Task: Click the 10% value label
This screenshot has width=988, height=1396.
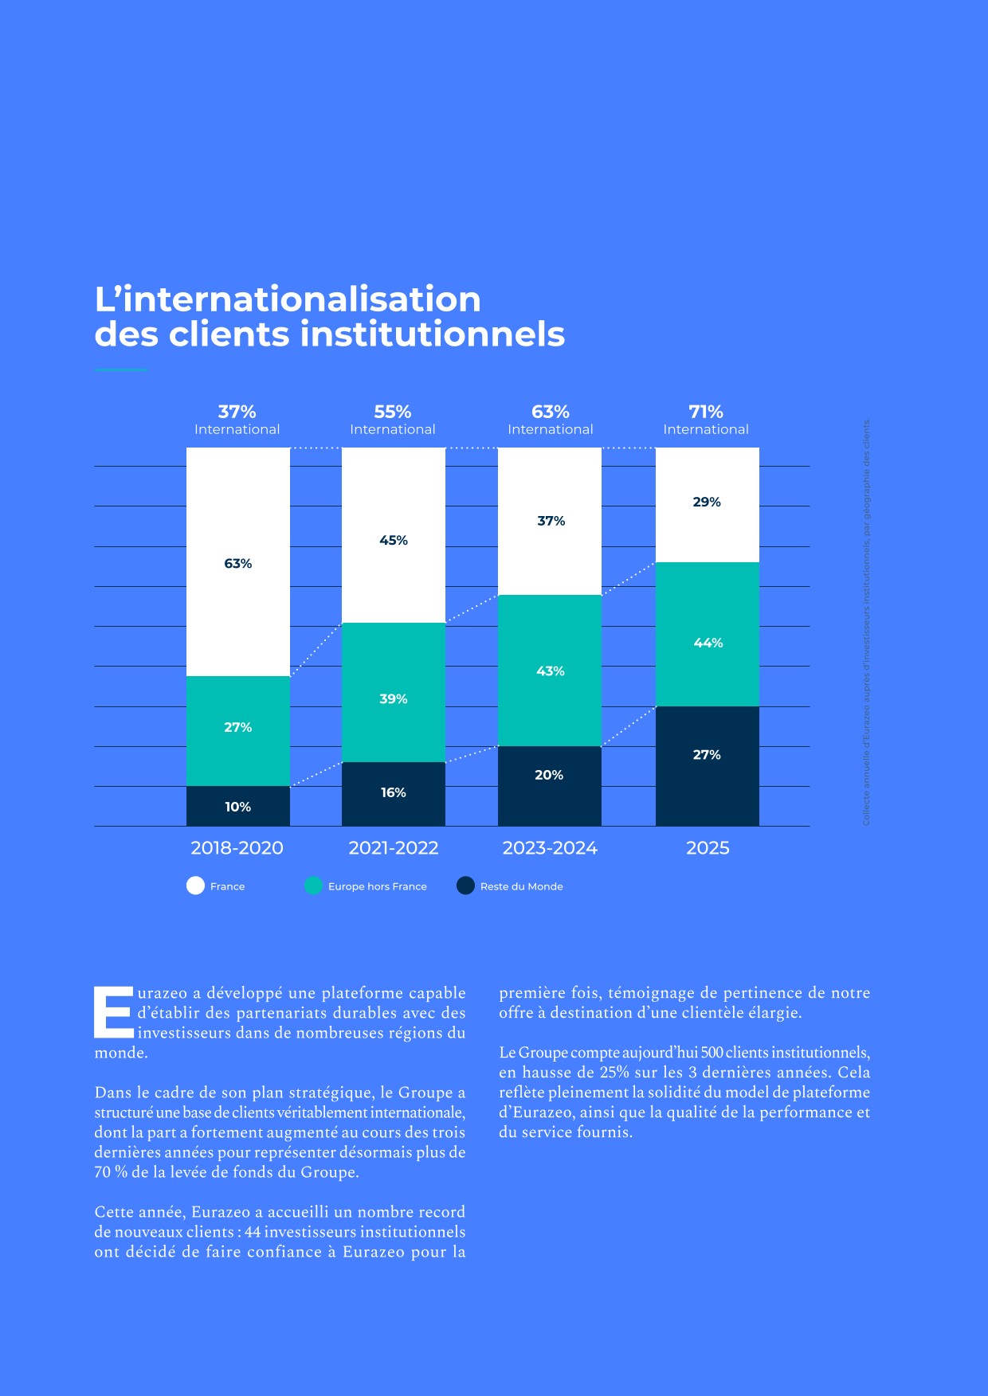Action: (237, 807)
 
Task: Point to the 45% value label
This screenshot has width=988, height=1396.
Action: (393, 540)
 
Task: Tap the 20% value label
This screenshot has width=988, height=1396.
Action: (549, 775)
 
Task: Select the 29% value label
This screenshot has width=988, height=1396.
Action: (707, 502)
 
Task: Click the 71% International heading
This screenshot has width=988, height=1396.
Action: (706, 412)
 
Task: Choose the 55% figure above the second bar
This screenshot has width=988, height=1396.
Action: (393, 412)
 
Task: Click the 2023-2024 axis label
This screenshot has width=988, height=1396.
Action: (550, 848)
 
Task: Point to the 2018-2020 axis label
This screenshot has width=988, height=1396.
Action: (237, 848)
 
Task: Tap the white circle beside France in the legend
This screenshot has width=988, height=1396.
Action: (195, 886)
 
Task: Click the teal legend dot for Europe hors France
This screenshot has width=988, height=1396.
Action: (313, 886)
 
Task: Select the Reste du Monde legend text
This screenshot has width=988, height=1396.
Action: (521, 886)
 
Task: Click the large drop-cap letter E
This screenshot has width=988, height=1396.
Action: (114, 1013)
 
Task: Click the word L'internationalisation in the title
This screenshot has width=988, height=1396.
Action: (288, 299)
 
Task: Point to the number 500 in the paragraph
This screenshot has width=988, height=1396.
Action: (712, 1053)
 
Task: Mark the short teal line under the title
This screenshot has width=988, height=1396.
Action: (121, 370)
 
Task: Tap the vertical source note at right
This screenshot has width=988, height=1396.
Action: (867, 623)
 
